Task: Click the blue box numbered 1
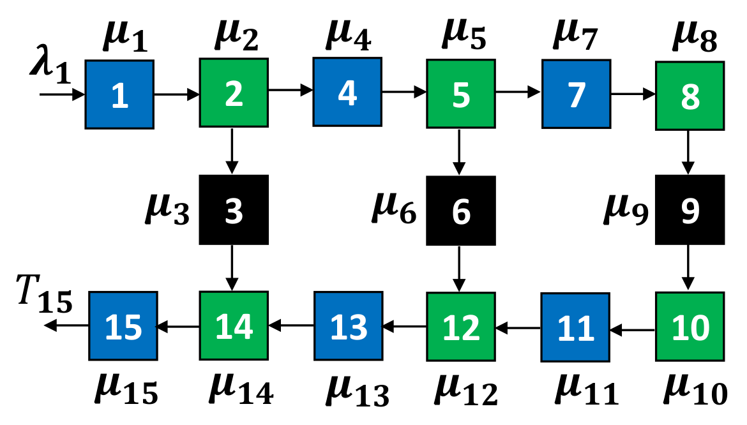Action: [x=119, y=94]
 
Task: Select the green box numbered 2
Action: [x=233, y=94]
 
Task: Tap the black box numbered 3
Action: [x=233, y=210]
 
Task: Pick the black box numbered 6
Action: [x=460, y=211]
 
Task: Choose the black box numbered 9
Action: [x=690, y=210]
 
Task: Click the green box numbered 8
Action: [x=690, y=96]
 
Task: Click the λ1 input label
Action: [x=49, y=65]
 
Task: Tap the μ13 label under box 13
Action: [x=357, y=390]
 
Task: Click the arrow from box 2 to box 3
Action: [x=232, y=151]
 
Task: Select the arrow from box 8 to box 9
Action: [x=688, y=152]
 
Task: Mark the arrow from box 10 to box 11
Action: [x=631, y=330]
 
